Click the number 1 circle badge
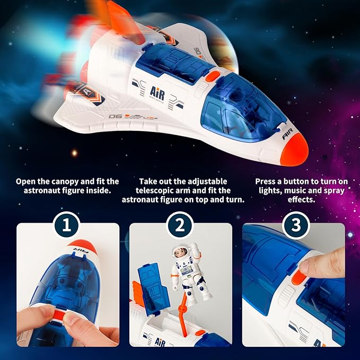click(66, 226)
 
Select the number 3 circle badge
click(294, 226)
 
